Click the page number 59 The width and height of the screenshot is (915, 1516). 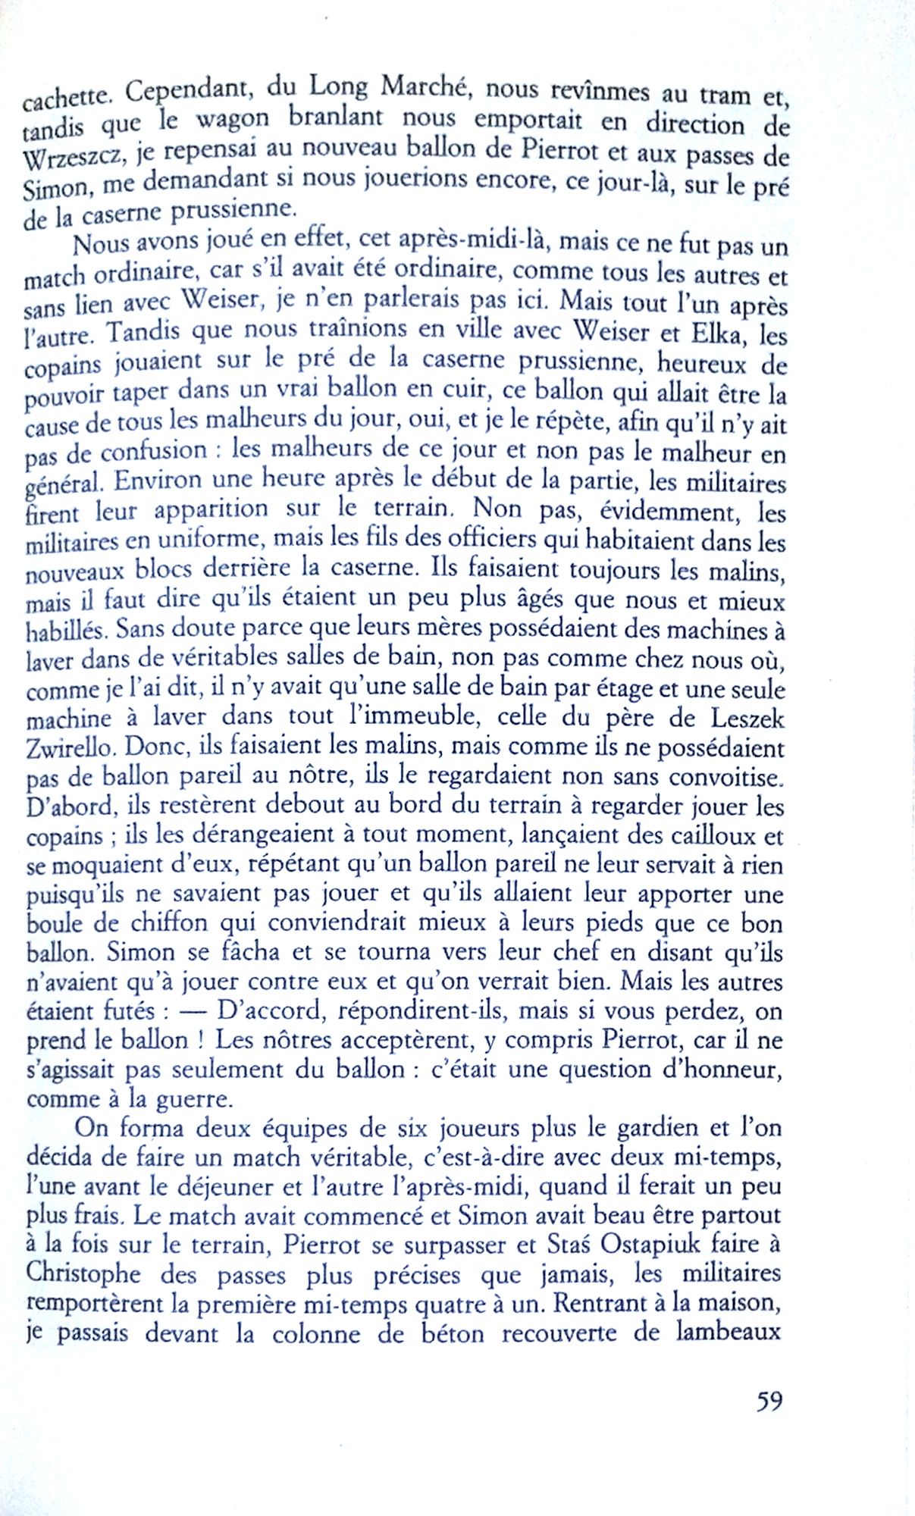click(769, 1401)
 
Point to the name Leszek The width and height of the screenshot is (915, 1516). click(747, 716)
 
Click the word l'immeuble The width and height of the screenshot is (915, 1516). click(403, 716)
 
